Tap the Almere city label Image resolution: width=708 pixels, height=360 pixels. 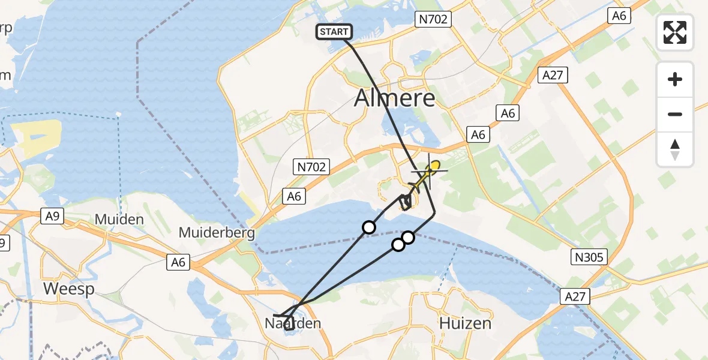click(x=394, y=97)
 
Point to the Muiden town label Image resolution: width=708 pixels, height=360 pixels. click(x=119, y=220)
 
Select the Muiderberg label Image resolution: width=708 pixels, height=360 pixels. click(x=217, y=233)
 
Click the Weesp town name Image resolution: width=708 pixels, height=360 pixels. click(x=68, y=289)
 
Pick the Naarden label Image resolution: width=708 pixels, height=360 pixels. click(x=293, y=323)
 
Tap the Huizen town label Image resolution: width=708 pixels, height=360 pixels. click(x=466, y=323)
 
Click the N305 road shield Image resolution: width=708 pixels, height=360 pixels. click(x=589, y=258)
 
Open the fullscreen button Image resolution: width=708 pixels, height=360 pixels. click(x=675, y=32)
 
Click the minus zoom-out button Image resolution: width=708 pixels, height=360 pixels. click(x=675, y=114)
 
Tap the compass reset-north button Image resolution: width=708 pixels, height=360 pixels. click(x=675, y=149)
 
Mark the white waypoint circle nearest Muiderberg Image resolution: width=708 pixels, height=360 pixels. click(x=369, y=227)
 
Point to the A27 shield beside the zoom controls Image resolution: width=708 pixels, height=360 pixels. click(x=553, y=75)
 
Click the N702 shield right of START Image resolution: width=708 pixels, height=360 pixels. click(x=432, y=20)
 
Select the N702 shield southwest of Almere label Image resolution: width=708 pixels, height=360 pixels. click(x=311, y=167)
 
